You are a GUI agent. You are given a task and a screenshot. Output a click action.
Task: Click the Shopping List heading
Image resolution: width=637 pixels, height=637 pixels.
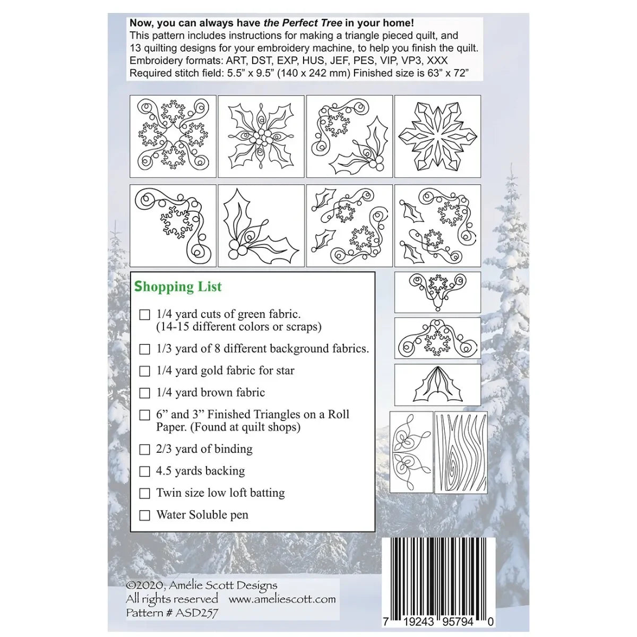pos(178,287)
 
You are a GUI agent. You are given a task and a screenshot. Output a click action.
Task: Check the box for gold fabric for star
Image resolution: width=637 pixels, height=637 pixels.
pos(144,371)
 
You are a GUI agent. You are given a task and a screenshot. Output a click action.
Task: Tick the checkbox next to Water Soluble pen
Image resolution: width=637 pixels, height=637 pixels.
pos(144,515)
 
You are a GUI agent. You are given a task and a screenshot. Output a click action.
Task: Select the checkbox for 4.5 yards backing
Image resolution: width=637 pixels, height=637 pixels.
pos(144,471)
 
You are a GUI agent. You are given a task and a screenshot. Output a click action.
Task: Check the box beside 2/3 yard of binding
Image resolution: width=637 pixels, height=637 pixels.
pos(144,450)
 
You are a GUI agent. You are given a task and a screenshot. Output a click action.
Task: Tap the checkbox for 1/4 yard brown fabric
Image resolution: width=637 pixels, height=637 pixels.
pos(144,393)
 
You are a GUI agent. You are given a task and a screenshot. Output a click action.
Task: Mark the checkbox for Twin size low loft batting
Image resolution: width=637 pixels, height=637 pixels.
pos(144,494)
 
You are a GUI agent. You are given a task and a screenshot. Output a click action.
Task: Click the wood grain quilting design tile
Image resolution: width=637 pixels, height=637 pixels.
pos(461,452)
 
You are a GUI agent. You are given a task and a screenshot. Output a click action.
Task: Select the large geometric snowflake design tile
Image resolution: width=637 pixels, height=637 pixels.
pos(437,136)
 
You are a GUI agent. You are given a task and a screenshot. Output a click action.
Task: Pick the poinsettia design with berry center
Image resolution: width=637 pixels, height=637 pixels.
pos(261,136)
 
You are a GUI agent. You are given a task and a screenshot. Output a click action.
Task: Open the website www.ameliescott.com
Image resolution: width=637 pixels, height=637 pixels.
pos(282,599)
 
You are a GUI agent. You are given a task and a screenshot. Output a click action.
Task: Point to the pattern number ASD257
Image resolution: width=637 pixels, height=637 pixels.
pos(172,613)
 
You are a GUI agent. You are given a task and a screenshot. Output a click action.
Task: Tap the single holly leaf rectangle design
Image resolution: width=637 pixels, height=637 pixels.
pos(437,385)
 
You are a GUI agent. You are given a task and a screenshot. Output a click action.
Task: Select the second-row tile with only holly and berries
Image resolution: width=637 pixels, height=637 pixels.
pos(261,226)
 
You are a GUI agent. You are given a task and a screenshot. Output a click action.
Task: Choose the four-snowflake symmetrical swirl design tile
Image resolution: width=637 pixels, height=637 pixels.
pos(173,136)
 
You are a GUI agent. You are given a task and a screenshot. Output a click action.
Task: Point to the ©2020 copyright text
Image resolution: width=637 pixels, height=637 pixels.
pos(202,586)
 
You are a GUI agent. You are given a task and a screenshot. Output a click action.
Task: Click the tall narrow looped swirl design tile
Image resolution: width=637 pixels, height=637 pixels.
pos(411,452)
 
